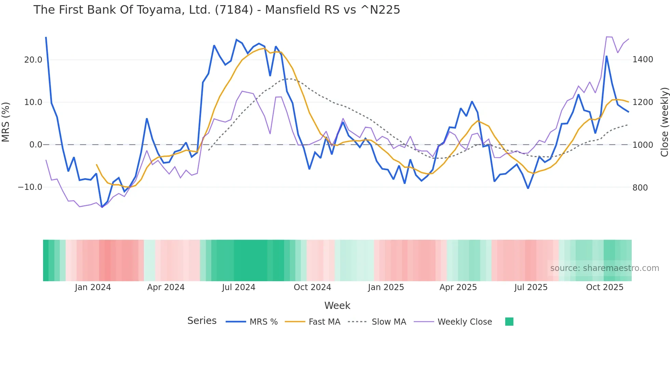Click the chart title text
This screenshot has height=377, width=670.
click(217, 10)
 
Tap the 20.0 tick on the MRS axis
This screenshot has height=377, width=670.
click(33, 60)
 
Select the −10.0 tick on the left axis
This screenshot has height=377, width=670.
click(30, 187)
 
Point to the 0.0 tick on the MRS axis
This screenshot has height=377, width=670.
click(36, 145)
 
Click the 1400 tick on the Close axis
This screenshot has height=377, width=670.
click(643, 60)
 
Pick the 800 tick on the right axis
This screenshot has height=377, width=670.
click(640, 187)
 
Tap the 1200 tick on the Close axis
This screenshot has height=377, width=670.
click(643, 102)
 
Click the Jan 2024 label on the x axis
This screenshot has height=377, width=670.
click(93, 287)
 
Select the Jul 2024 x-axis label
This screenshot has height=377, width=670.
click(239, 287)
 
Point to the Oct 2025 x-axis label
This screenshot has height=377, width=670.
click(605, 287)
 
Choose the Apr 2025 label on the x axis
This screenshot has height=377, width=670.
click(458, 287)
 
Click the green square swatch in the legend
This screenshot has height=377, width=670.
click(509, 322)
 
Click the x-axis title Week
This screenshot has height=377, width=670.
click(337, 305)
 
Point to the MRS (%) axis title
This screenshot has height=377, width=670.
click(6, 122)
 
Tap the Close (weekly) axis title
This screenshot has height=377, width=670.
click(664, 122)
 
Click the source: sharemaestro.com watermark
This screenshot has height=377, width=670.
click(604, 268)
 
